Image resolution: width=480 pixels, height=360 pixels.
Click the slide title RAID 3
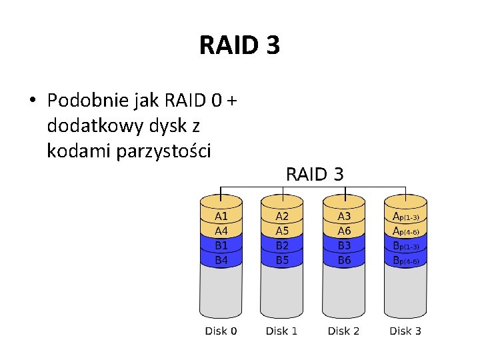pyautogui.click(x=239, y=45)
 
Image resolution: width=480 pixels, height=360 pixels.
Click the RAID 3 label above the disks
pyautogui.click(x=315, y=175)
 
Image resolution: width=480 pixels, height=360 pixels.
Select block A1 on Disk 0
pyautogui.click(x=221, y=217)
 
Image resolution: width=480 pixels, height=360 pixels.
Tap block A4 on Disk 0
pyautogui.click(x=221, y=231)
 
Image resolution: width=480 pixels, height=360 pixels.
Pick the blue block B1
pyautogui.click(x=221, y=245)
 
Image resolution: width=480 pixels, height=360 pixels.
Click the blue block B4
pyautogui.click(x=221, y=260)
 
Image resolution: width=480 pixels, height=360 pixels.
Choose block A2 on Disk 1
pyautogui.click(x=283, y=217)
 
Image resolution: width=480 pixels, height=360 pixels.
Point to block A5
pyautogui.click(x=283, y=231)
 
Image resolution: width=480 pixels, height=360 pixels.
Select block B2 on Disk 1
pyautogui.click(x=283, y=245)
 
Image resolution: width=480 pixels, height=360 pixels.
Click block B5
pyautogui.click(x=283, y=260)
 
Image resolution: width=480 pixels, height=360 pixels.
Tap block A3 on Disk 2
pyautogui.click(x=344, y=217)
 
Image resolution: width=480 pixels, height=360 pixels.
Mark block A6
pyautogui.click(x=344, y=231)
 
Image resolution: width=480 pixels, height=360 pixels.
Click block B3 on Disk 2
pyautogui.click(x=344, y=245)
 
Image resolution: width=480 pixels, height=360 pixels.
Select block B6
pyautogui.click(x=344, y=260)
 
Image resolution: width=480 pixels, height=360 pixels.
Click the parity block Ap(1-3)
pyautogui.click(x=405, y=217)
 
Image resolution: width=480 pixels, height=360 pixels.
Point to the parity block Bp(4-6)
pyautogui.click(x=405, y=261)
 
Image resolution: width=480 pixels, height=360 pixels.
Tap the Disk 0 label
pyautogui.click(x=221, y=331)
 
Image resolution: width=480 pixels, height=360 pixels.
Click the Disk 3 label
pyautogui.click(x=405, y=331)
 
